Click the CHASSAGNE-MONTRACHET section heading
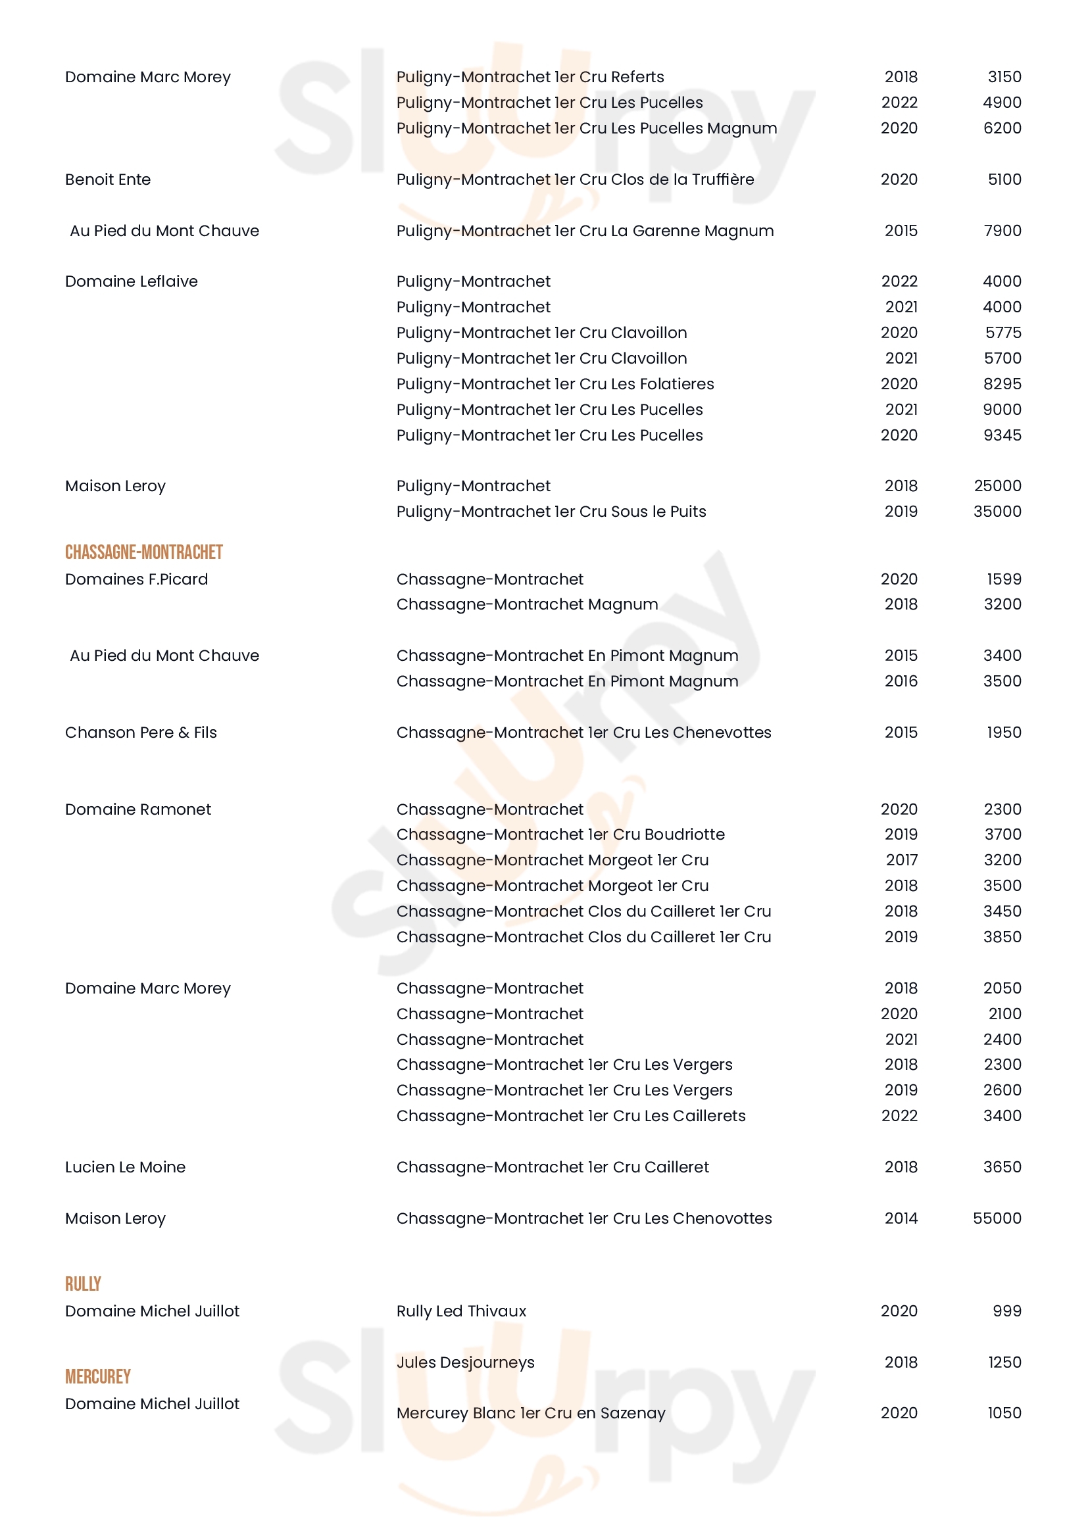tap(143, 552)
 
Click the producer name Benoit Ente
tap(108, 180)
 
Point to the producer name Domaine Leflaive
tap(132, 281)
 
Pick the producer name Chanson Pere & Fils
tap(141, 732)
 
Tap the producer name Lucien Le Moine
tap(125, 1167)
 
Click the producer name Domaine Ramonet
tap(138, 809)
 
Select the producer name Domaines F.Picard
tap(137, 579)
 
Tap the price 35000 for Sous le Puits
tap(997, 511)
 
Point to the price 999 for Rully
tap(1007, 1311)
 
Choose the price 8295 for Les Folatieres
tap(1002, 384)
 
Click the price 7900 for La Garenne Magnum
tap(1002, 230)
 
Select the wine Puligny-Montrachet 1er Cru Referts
tap(530, 77)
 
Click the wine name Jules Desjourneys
tap(465, 1362)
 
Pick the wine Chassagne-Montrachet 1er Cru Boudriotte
tap(560, 834)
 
